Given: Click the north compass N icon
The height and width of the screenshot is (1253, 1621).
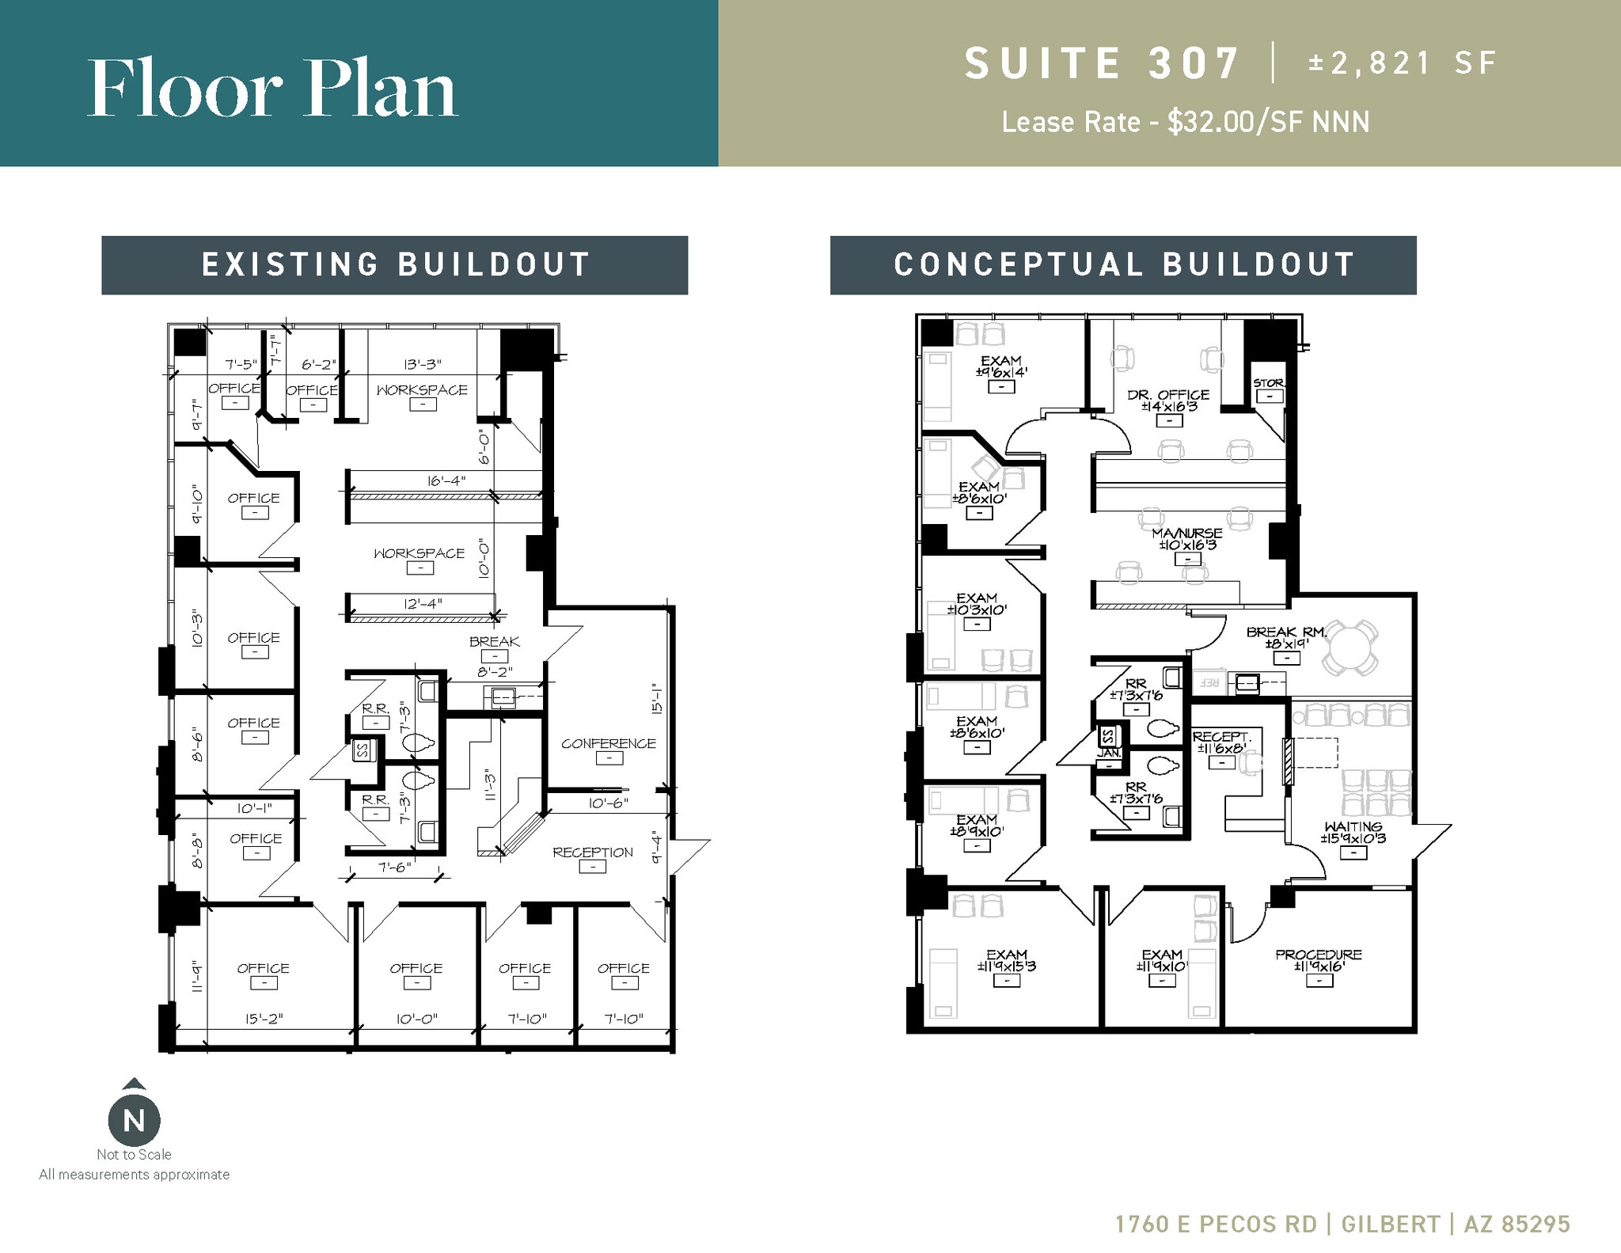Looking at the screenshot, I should pyautogui.click(x=134, y=1120).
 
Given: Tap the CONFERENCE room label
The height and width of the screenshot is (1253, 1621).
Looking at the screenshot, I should pyautogui.click(x=608, y=743).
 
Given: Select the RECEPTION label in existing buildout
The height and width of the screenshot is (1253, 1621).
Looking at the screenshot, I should pyautogui.click(x=592, y=852).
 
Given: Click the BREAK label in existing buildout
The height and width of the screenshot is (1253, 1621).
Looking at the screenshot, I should pyautogui.click(x=494, y=642).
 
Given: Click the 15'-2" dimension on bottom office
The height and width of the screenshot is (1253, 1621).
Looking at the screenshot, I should pyautogui.click(x=264, y=1019).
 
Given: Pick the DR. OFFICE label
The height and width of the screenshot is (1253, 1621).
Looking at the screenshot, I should pyautogui.click(x=1168, y=394).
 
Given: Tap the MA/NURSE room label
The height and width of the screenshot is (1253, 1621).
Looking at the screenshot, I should pyautogui.click(x=1186, y=533).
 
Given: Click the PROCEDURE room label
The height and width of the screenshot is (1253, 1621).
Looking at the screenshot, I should pyautogui.click(x=1318, y=955).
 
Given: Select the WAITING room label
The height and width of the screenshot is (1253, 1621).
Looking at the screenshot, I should pyautogui.click(x=1353, y=827).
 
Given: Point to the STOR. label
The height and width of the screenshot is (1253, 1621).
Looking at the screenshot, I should pyautogui.click(x=1269, y=383).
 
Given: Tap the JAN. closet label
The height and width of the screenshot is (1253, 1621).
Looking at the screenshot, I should pyautogui.click(x=1109, y=754).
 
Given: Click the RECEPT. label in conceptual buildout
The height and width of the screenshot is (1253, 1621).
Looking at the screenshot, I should pyautogui.click(x=1221, y=737).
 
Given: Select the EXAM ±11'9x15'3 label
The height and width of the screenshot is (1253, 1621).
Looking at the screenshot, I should pyautogui.click(x=1006, y=955).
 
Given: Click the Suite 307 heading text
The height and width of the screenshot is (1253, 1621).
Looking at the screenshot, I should pyautogui.click(x=1101, y=63).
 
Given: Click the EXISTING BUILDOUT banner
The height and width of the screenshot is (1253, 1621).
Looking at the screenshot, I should pyautogui.click(x=394, y=265).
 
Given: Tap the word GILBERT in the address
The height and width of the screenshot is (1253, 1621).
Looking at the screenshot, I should pyautogui.click(x=1390, y=1224).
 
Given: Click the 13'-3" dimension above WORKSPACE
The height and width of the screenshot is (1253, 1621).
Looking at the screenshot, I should pyautogui.click(x=422, y=364).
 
